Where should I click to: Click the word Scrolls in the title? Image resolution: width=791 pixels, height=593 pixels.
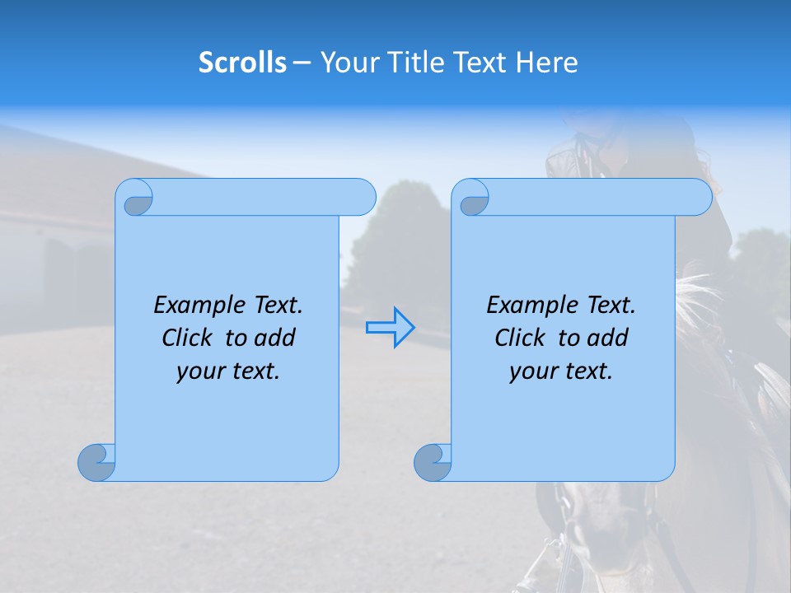tap(242, 63)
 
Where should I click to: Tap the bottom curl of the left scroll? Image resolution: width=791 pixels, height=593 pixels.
tap(96, 462)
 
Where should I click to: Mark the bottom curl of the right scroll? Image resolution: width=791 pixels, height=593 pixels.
tap(432, 462)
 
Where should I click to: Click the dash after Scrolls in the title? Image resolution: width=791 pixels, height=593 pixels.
tap(302, 63)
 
